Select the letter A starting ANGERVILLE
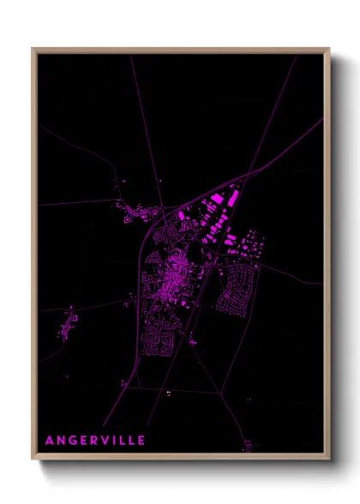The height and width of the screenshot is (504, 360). point(49,441)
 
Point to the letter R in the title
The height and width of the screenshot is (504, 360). point(94,441)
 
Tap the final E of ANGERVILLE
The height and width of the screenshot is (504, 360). point(141,441)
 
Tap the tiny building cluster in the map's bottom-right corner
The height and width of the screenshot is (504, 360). point(249,444)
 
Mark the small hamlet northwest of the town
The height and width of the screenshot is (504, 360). point(137,213)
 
